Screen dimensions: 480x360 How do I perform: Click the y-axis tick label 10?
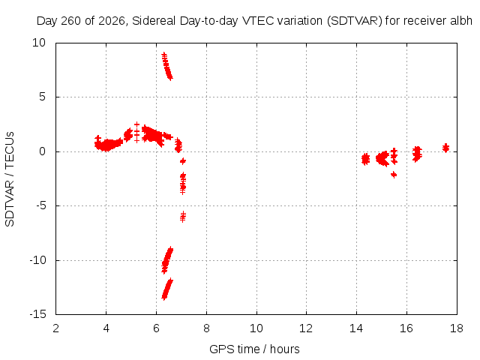39,43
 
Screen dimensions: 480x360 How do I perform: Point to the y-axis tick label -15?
37,314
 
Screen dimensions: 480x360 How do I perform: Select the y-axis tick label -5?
40,205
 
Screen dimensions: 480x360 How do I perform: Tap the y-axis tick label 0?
43,151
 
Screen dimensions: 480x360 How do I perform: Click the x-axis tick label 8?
206,328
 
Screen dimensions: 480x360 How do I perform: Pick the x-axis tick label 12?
306,328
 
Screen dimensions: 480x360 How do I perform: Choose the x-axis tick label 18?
457,328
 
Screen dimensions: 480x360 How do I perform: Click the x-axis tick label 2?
56,328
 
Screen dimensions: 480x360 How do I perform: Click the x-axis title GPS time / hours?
254,349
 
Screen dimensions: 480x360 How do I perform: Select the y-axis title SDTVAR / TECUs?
10,179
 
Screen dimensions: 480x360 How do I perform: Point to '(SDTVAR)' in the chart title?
355,21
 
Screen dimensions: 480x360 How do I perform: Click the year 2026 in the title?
112,21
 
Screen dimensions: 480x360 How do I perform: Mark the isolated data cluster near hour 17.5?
445,148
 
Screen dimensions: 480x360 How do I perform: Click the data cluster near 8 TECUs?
167,66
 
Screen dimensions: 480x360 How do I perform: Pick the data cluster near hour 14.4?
365,159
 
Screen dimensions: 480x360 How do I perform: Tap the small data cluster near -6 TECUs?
183,217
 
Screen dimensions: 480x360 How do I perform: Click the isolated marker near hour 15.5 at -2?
394,175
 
